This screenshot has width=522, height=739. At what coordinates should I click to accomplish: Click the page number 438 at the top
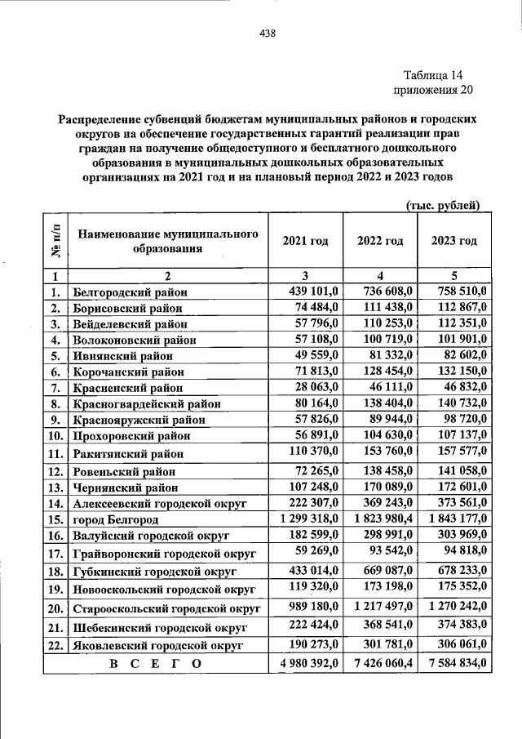coord(267,33)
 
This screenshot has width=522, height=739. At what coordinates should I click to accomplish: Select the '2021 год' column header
coord(305,241)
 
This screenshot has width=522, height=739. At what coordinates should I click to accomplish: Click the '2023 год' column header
coord(453,241)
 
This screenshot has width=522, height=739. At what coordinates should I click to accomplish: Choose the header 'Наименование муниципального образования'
coord(168,241)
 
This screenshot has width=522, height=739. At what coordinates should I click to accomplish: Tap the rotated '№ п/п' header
coord(55,241)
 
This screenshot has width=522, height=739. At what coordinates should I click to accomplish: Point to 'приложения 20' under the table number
coord(432,90)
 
